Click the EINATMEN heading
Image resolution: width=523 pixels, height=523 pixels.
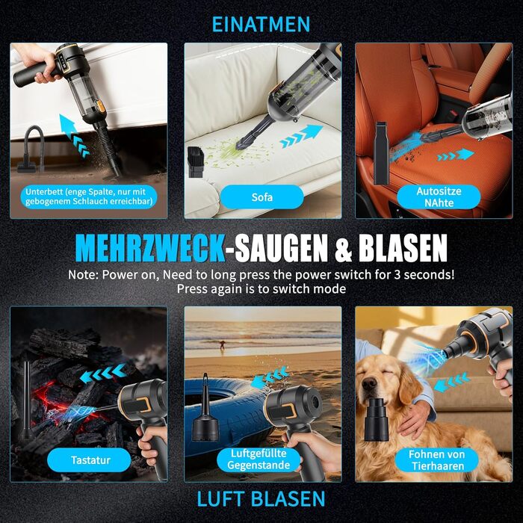pos(261,24)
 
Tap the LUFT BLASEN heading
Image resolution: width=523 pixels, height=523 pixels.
pos(261,499)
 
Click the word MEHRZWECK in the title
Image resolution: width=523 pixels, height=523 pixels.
pos(150,248)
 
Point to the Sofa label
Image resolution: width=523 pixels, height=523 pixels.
pos(261,197)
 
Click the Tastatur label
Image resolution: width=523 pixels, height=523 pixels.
pos(90,460)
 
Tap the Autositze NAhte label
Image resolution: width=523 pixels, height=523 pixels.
pos(439,196)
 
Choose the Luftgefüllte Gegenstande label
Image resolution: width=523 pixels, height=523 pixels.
pos(259,459)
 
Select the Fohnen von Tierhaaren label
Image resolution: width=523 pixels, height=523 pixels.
pos(436,460)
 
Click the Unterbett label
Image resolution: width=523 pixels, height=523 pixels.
pos(89,196)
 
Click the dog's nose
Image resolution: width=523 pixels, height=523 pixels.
pos(369,384)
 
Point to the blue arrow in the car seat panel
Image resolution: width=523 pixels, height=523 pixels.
pos(456,155)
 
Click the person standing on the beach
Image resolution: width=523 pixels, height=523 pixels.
pos(222,344)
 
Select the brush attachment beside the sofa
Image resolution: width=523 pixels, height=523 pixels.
pos(196,162)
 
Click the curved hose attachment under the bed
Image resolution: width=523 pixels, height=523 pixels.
pos(31,149)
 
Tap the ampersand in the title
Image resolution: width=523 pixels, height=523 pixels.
pos(343,249)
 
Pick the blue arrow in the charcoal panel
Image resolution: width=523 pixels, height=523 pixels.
pos(103,374)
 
